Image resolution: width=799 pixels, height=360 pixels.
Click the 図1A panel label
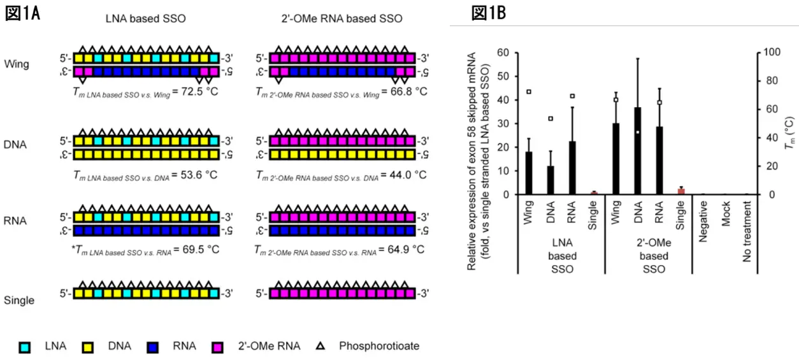(x=22, y=13)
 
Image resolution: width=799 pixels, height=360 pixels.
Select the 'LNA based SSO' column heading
(x=145, y=18)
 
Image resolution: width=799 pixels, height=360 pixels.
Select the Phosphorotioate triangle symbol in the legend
(x=321, y=347)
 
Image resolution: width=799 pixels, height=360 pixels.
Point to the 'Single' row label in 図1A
(x=18, y=300)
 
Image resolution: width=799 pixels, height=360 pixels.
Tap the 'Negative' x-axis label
(x=703, y=220)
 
